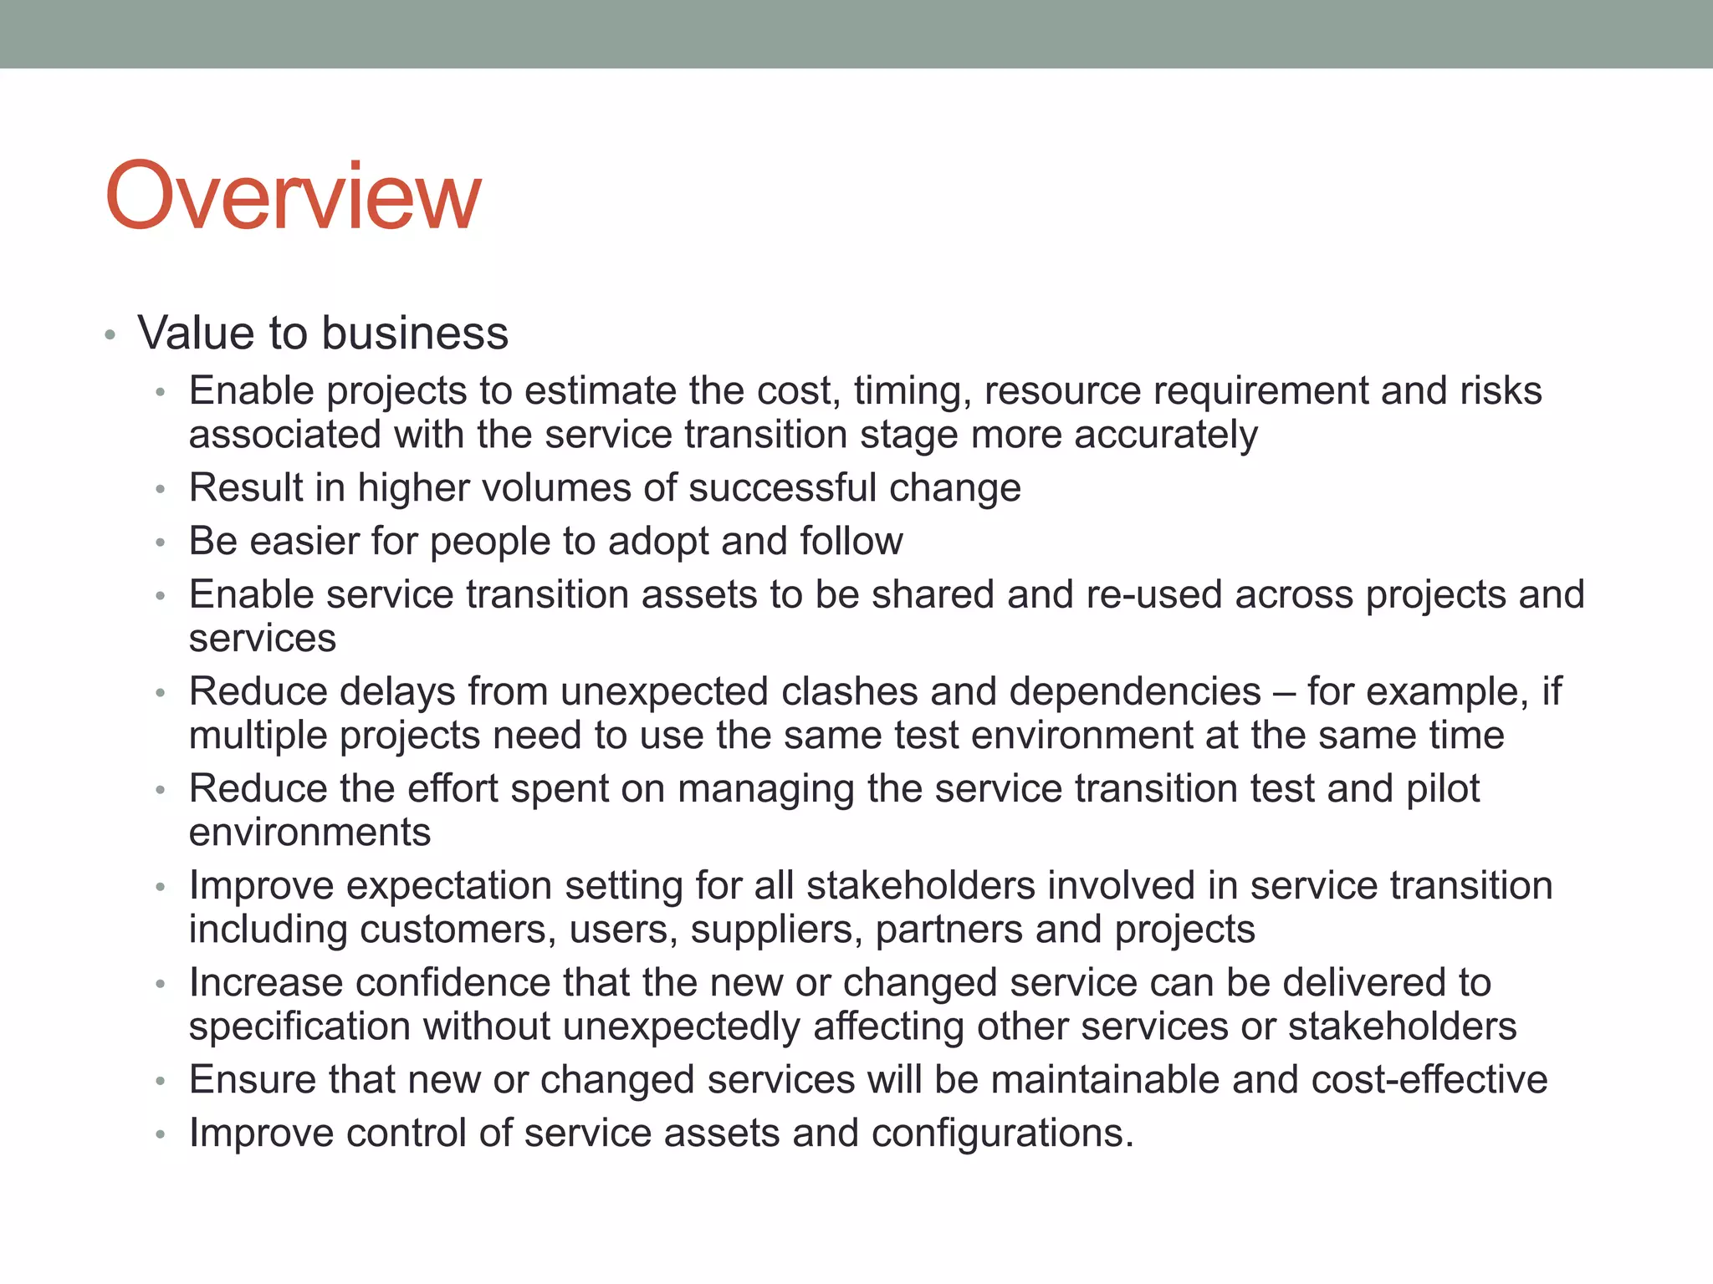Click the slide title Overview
tap(293, 196)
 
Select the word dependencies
tap(1134, 691)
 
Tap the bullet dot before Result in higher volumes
tap(161, 491)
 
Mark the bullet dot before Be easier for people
tap(161, 544)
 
